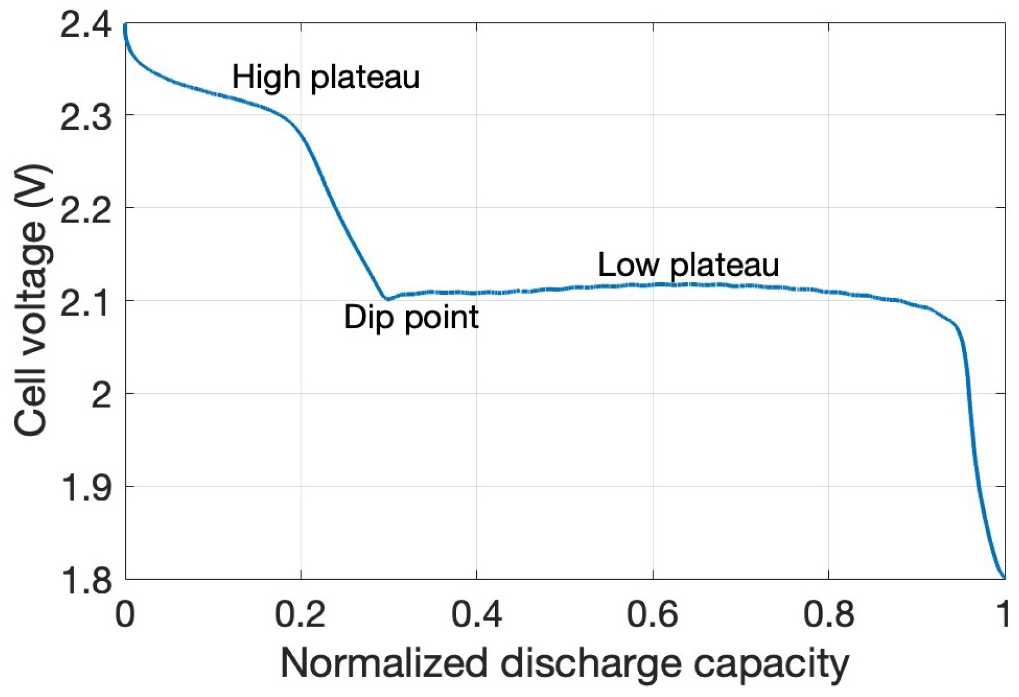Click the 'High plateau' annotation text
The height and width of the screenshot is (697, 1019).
click(x=326, y=77)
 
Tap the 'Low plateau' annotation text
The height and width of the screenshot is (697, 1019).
click(x=688, y=265)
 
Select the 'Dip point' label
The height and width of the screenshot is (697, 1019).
click(x=411, y=317)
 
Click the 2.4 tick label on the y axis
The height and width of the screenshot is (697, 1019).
click(x=85, y=26)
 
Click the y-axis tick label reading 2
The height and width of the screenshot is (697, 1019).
click(x=101, y=395)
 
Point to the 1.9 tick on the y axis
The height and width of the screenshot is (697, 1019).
click(x=85, y=488)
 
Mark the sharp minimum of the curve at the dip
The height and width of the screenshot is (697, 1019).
click(x=387, y=299)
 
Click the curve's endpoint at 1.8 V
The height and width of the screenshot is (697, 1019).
click(x=1004, y=578)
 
